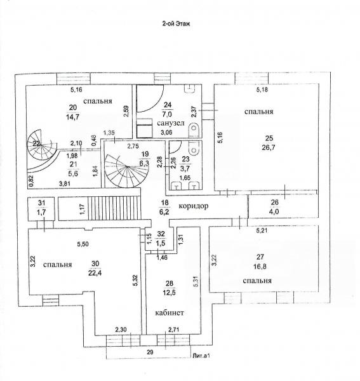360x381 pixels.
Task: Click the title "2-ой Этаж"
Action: tap(176, 23)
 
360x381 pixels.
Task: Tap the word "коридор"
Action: tap(194, 206)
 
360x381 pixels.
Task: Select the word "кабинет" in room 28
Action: tap(170, 312)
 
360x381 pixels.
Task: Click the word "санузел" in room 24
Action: tap(171, 123)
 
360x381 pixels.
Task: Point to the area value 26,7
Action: tap(269, 147)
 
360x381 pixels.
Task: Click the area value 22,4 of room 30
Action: tap(95, 273)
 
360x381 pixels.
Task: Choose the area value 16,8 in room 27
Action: tap(260, 267)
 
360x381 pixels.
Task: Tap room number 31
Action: tap(41, 203)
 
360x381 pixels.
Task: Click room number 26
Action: tap(274, 202)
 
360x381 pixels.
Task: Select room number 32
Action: tap(161, 234)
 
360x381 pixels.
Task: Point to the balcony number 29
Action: tap(150, 352)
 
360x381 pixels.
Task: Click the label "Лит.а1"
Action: tap(201, 356)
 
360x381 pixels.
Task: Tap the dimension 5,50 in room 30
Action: tap(83, 244)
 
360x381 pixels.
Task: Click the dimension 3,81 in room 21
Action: tap(65, 184)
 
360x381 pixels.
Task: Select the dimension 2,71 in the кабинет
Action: tap(174, 330)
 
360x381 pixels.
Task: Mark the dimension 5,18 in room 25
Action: tap(262, 90)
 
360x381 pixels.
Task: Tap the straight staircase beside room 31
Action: tap(114, 208)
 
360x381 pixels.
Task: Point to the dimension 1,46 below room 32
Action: tap(162, 257)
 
